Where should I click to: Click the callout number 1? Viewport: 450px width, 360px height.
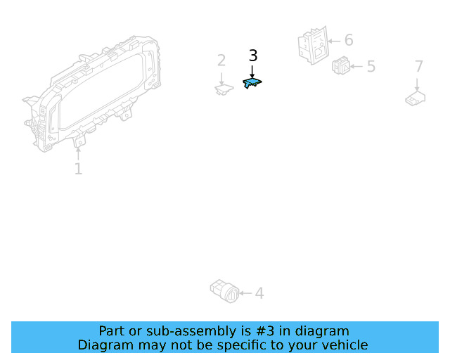(x=78, y=169)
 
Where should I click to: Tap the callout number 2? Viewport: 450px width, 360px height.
(x=221, y=60)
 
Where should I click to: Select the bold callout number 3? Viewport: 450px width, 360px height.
(x=253, y=56)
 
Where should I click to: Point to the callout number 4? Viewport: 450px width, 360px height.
(x=259, y=292)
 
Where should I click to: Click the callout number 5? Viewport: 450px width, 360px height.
(x=371, y=67)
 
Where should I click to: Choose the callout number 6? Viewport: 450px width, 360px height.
(x=348, y=40)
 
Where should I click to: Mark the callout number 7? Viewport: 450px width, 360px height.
(x=418, y=67)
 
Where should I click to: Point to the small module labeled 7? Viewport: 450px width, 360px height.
(x=415, y=98)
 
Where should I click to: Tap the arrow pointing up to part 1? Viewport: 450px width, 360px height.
(x=78, y=153)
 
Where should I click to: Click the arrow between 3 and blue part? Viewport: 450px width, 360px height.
(x=252, y=71)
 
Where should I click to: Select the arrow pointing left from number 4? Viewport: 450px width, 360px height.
(x=245, y=292)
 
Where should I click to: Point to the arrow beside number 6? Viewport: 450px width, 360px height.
(x=333, y=41)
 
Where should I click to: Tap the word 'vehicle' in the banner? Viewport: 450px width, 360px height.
(x=343, y=345)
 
